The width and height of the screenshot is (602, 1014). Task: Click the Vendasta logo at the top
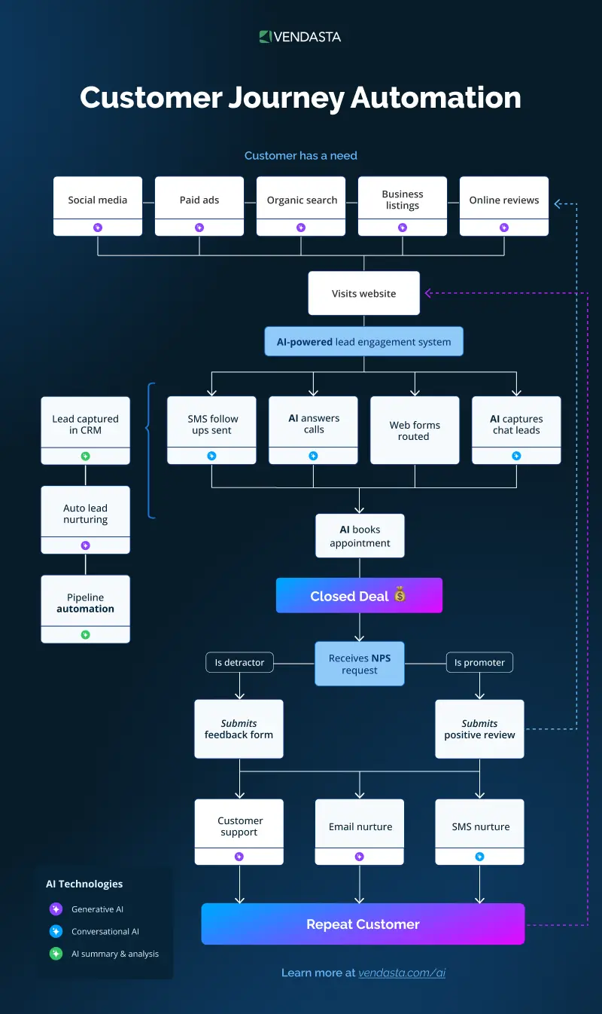(x=300, y=37)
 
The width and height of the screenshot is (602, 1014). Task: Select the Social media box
(x=98, y=200)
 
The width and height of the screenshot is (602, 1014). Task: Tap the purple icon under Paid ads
(x=199, y=228)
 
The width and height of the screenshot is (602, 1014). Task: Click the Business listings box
(x=403, y=200)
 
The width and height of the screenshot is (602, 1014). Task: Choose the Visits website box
(x=363, y=293)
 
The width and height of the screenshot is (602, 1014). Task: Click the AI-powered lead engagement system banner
(x=363, y=341)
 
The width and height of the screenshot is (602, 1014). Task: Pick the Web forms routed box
(x=415, y=430)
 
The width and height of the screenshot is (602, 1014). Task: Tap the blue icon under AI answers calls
(x=314, y=456)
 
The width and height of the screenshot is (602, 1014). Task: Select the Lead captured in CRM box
(x=85, y=424)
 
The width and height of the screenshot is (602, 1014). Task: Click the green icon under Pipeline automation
(x=85, y=635)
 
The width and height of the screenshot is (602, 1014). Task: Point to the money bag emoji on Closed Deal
(x=400, y=595)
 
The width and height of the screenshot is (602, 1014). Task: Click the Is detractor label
(x=239, y=662)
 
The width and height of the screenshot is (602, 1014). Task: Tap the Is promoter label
(x=479, y=662)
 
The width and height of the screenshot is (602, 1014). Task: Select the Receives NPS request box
(x=359, y=664)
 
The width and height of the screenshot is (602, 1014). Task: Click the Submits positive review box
(x=479, y=728)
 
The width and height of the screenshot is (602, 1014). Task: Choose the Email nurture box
(x=360, y=826)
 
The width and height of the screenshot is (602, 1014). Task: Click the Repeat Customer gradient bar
(x=363, y=924)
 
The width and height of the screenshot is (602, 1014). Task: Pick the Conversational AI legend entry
(x=105, y=931)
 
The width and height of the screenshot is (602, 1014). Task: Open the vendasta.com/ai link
(x=402, y=973)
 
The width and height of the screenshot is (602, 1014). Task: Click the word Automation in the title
(x=436, y=98)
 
